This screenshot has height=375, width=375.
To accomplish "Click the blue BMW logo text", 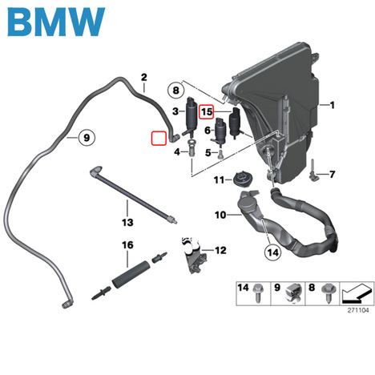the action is tap(56, 22).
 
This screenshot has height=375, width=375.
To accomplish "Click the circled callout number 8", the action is tap(175, 91).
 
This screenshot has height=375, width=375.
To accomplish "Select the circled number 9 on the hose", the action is tap(87, 138).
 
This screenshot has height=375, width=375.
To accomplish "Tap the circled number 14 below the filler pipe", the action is tap(272, 252).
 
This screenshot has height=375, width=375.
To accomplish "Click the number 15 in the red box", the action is tap(207, 111).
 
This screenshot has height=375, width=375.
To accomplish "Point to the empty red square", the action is tap(159, 139).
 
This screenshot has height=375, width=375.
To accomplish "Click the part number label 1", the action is tap(332, 105).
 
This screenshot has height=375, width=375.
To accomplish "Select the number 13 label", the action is tap(127, 222).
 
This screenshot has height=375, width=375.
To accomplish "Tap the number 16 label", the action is tap(127, 245).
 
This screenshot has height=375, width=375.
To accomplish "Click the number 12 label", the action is tap(220, 250).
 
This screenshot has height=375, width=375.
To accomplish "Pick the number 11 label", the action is tap(219, 180).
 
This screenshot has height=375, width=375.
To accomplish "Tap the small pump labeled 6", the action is tap(220, 131).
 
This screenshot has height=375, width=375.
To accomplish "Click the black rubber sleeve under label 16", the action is tap(131, 274).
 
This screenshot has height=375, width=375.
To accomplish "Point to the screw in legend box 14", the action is tap(258, 293).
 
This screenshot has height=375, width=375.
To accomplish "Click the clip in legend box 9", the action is tap(293, 293).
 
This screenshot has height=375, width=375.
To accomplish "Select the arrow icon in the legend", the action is tap(357, 293).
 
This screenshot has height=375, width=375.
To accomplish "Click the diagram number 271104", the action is tap(358, 310).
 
